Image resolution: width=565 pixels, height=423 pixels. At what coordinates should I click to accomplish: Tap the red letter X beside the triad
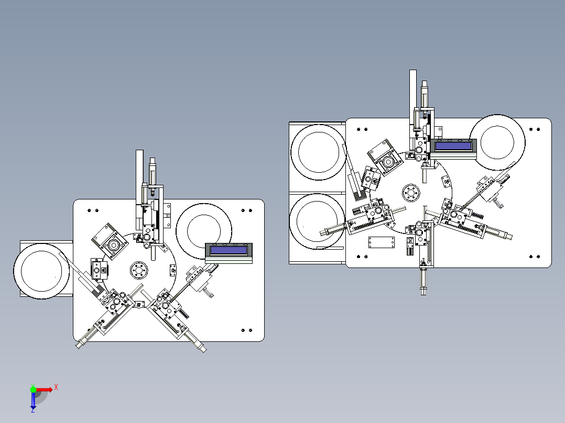point(56,387)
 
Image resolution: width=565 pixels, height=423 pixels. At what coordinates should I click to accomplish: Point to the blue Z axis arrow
point(33,400)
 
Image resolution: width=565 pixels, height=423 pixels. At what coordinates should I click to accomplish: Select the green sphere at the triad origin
point(33,389)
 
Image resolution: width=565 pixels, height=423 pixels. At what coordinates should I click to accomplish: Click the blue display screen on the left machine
point(229,250)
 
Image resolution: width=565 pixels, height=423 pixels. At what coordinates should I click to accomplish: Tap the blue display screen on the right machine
point(453,146)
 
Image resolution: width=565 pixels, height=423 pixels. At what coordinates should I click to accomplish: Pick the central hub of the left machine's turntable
point(139,270)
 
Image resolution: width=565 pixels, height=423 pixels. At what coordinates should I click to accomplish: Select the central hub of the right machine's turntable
point(411,193)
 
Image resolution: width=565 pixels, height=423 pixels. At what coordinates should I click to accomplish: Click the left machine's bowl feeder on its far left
point(41,271)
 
